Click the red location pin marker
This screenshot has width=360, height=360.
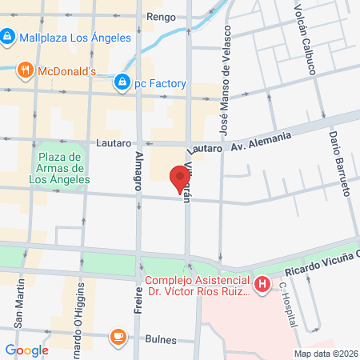point(178,178)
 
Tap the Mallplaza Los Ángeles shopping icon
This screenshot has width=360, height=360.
point(7,36)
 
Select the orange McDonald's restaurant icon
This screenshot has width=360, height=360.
point(26,70)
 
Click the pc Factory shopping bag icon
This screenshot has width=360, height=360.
point(122,82)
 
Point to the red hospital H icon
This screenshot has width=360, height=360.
point(262,283)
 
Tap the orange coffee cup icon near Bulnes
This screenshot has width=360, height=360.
point(118,337)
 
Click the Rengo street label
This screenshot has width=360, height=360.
point(159,16)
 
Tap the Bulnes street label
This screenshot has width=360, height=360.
point(161,339)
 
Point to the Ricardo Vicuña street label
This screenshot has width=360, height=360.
point(317,262)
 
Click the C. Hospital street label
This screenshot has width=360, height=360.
point(286,305)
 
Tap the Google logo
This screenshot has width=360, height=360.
point(27,350)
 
